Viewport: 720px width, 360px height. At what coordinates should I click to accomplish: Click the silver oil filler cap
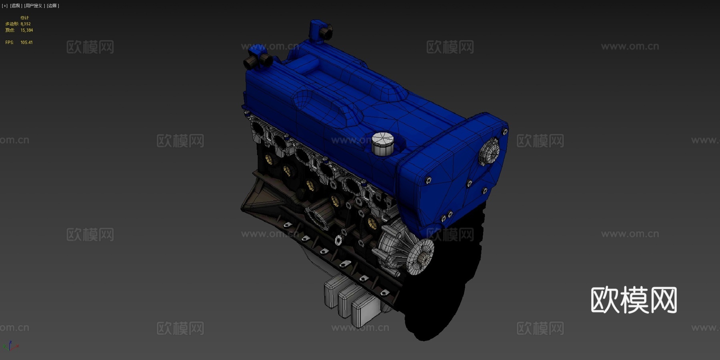pyautogui.click(x=382, y=143)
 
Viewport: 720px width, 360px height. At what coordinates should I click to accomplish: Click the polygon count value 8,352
pyautogui.click(x=26, y=24)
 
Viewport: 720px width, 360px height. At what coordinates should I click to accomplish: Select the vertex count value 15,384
pyautogui.click(x=27, y=30)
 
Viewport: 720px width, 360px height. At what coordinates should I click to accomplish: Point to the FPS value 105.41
pyautogui.click(x=26, y=42)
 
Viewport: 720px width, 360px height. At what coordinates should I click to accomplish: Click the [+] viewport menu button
pyautogui.click(x=5, y=6)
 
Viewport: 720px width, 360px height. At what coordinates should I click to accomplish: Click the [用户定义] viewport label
pyautogui.click(x=34, y=6)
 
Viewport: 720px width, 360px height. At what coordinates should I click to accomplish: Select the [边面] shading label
pyautogui.click(x=53, y=6)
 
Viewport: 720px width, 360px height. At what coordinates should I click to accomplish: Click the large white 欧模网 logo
pyautogui.click(x=634, y=300)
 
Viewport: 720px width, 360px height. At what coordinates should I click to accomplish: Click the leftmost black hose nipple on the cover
pyautogui.click(x=249, y=63)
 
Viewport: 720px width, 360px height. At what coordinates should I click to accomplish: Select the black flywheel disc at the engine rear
pyautogui.click(x=440, y=296)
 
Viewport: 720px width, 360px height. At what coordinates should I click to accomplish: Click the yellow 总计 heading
pyautogui.click(x=24, y=18)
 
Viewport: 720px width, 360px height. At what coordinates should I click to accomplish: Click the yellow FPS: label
pyautogui.click(x=9, y=42)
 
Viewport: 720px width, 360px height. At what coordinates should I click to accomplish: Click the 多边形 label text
pyautogui.click(x=12, y=24)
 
